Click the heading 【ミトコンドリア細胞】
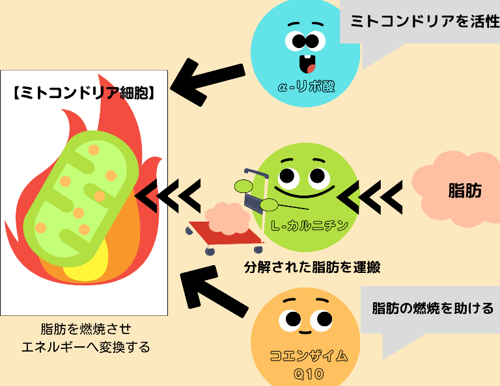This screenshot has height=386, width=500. [x=84, y=93]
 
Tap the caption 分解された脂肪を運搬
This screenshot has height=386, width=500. [x=312, y=266]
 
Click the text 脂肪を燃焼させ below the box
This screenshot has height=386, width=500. [x=85, y=329]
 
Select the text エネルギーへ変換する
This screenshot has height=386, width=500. [x=85, y=347]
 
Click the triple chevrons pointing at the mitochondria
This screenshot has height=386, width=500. [x=168, y=194]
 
